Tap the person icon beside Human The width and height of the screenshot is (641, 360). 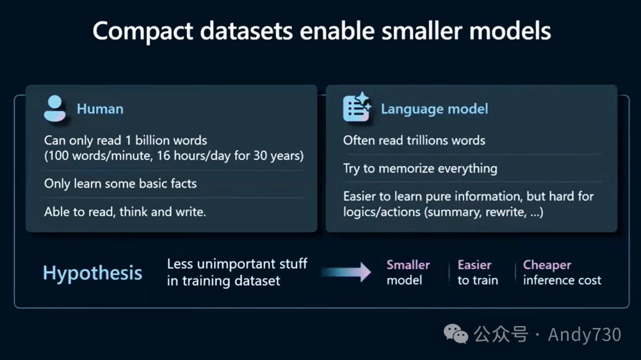tap(55, 109)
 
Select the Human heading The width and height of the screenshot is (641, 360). tap(100, 109)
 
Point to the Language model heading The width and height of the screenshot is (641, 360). tap(434, 109)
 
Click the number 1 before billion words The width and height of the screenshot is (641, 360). tap(128, 141)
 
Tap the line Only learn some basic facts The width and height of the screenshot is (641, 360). tap(120, 184)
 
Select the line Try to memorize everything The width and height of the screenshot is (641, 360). tap(420, 168)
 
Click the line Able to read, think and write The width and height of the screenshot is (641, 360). tap(125, 212)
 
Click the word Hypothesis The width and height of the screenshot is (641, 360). tap(93, 273)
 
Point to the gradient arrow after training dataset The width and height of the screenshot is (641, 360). tap(346, 272)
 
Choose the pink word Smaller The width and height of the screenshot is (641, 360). tap(408, 265)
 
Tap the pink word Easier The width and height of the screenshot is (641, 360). tap(474, 265)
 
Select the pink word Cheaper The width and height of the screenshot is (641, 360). tap(547, 265)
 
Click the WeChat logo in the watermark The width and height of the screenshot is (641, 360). tap(456, 334)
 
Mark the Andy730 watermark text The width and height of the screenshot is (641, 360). tap(585, 334)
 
